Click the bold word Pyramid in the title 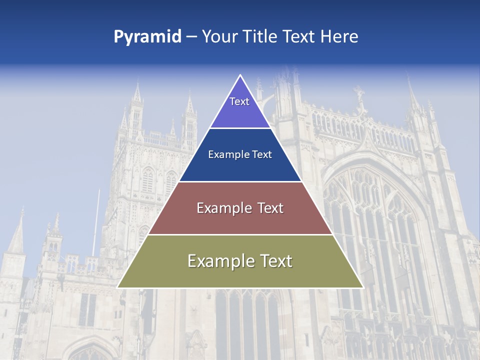pos(147,37)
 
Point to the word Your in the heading pos(220,37)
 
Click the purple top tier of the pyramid pos(240,112)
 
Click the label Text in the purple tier pos(239,101)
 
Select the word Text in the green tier pos(274,261)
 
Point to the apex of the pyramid pos(240,75)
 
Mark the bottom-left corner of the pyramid pos(117,287)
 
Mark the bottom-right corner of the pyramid pos(363,287)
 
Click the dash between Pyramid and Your pos(191,37)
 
